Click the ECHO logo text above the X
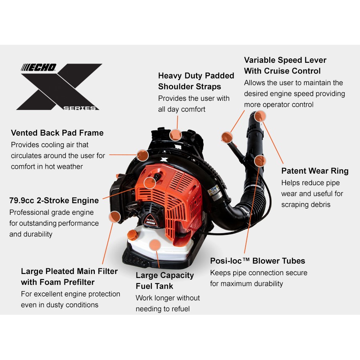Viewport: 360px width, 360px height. [39, 68]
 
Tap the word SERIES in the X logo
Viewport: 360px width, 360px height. [81, 108]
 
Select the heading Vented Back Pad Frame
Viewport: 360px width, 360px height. [57, 133]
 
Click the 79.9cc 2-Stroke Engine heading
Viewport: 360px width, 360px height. [54, 200]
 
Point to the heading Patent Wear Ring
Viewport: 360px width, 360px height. [315, 171]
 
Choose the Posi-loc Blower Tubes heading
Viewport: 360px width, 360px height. [258, 261]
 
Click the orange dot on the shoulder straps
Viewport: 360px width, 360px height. [176, 134]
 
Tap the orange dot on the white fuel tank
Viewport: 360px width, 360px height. [154, 245]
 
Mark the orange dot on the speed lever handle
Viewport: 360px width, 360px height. [227, 137]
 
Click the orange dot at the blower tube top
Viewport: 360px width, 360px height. [260, 116]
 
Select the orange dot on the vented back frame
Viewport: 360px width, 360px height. [142, 155]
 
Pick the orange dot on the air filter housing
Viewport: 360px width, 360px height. [115, 217]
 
